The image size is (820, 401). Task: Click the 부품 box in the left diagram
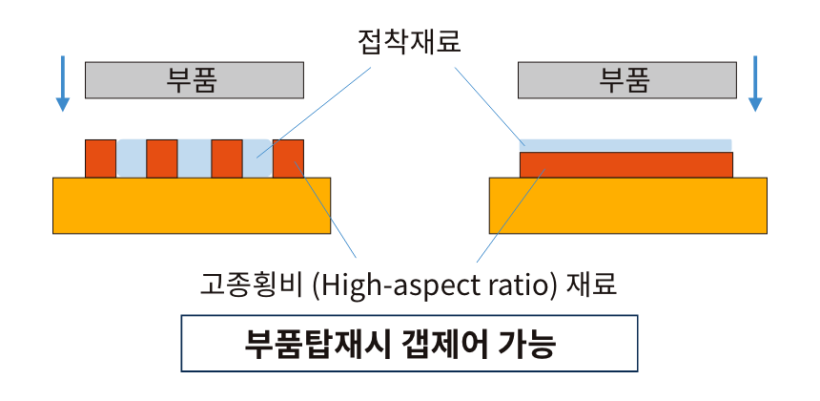194,80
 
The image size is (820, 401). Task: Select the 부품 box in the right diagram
626,80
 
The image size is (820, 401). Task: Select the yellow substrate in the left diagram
192,205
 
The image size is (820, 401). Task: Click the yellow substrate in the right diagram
627,205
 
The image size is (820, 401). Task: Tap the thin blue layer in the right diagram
625,145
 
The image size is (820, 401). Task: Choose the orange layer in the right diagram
625,164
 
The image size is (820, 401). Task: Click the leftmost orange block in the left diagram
100,158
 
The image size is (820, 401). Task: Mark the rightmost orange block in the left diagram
288,158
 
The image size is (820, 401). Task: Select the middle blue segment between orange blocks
194,158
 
